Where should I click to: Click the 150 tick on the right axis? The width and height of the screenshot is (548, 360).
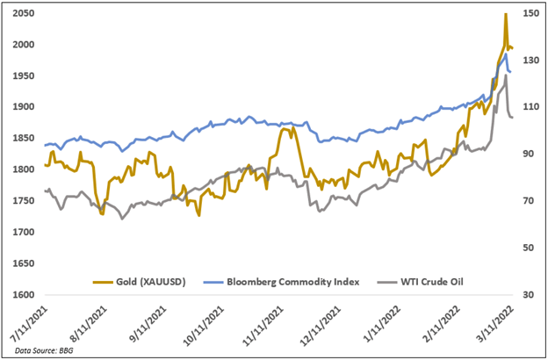529,13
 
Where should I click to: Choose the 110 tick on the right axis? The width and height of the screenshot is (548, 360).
529,107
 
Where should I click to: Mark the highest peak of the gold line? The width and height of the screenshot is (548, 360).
505,14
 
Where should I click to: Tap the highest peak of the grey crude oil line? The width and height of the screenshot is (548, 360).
505,76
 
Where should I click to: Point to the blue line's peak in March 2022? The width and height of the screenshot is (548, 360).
505,54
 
